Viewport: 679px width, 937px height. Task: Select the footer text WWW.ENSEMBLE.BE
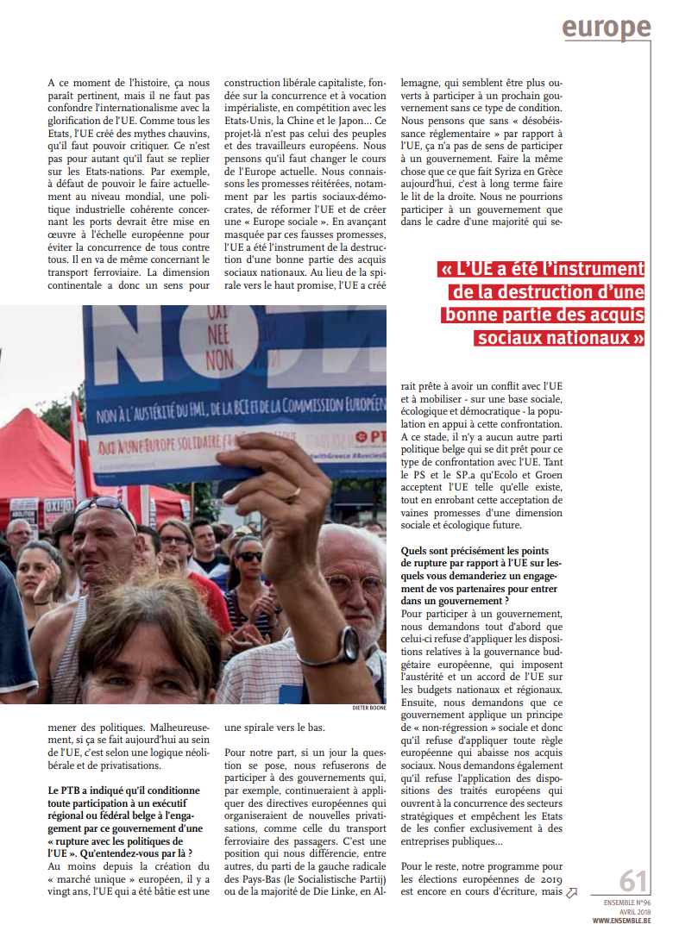point(620,921)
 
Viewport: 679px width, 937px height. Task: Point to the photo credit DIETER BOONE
point(368,709)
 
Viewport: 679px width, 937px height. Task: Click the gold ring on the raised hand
point(294,495)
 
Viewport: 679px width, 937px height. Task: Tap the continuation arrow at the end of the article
point(571,893)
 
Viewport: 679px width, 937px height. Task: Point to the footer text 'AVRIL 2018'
point(634,911)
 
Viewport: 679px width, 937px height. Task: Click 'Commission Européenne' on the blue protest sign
point(332,401)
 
